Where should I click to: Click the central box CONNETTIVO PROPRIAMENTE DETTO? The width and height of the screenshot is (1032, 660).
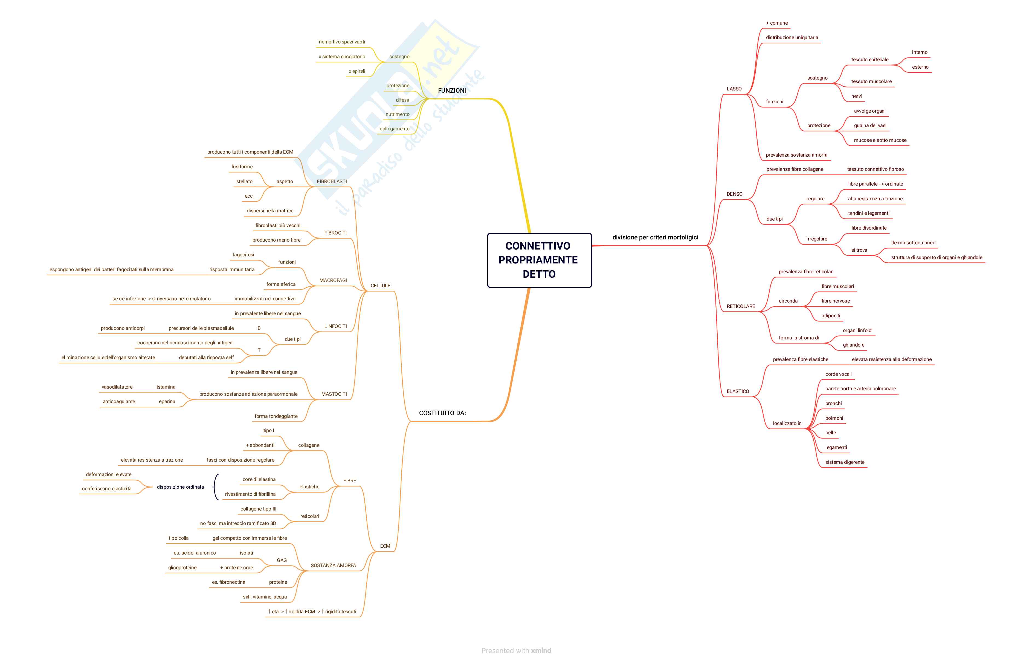(539, 260)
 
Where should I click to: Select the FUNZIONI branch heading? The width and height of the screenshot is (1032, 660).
(452, 90)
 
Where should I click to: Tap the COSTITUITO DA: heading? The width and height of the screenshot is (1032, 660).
(442, 413)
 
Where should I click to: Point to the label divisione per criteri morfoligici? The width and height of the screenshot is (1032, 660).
(655, 237)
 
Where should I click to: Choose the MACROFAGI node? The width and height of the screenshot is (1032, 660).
(333, 280)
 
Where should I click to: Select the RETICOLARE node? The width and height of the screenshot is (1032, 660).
(741, 306)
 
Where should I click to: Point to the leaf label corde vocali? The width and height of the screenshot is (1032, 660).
(838, 374)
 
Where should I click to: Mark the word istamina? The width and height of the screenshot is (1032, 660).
(166, 387)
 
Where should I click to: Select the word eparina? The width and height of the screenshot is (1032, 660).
(167, 401)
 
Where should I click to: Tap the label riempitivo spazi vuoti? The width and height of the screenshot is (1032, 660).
(342, 42)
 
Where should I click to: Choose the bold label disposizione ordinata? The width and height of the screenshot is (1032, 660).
(180, 487)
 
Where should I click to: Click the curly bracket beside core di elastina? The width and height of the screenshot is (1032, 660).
(216, 487)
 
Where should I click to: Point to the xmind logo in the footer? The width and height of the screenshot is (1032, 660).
(541, 650)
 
